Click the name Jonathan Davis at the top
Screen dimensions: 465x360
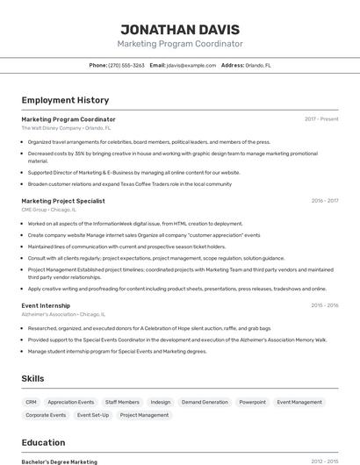click(x=180, y=28)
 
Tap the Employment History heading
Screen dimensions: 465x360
click(x=65, y=100)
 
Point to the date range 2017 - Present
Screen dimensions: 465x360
click(x=321, y=119)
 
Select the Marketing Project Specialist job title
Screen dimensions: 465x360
click(x=63, y=201)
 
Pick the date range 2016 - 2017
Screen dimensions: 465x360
click(x=324, y=201)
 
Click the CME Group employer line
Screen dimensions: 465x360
click(x=49, y=210)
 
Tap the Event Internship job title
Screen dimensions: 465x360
click(x=46, y=305)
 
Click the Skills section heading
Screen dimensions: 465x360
click(x=33, y=379)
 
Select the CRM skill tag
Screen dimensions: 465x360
click(x=31, y=402)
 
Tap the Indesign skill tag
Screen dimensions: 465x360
click(x=161, y=402)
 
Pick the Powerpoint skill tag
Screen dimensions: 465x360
click(x=252, y=402)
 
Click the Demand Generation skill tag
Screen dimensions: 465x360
click(x=205, y=402)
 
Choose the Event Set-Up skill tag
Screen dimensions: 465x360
click(x=93, y=415)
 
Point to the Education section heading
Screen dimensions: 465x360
click(x=43, y=443)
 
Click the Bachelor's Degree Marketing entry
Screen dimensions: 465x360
click(x=60, y=461)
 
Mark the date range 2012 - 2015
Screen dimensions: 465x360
click(x=324, y=461)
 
